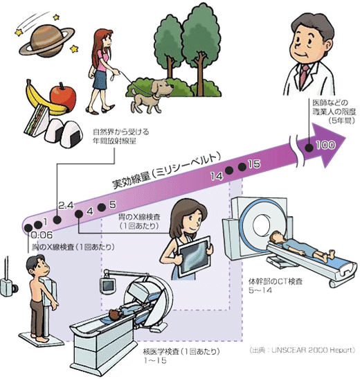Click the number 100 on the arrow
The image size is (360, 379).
click(x=325, y=145)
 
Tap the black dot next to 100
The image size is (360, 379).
click(x=309, y=147)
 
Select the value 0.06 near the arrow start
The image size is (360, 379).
click(x=42, y=234)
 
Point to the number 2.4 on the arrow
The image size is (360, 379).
click(x=66, y=206)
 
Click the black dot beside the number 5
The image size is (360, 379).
click(x=101, y=207)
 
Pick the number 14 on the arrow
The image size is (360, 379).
click(x=216, y=176)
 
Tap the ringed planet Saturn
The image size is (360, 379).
click(x=47, y=41)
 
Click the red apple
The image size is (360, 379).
click(x=63, y=98)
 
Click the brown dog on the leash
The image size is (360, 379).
click(x=152, y=96)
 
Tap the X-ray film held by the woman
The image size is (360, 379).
click(x=195, y=256)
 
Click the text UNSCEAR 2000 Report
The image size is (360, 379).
click(x=313, y=350)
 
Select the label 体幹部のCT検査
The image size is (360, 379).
click(x=276, y=281)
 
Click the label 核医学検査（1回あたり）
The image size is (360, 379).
click(x=181, y=351)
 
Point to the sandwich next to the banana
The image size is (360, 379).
click(x=36, y=121)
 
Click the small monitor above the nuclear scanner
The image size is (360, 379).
click(x=108, y=286)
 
